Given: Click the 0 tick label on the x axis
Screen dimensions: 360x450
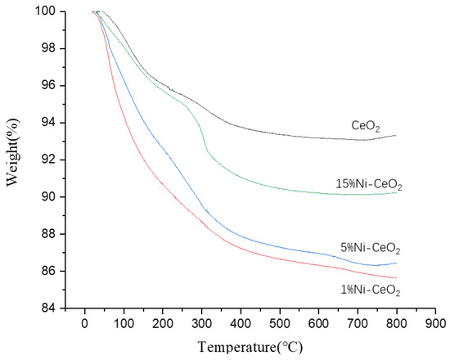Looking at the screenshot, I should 84,322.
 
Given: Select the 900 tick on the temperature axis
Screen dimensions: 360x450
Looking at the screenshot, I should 435,322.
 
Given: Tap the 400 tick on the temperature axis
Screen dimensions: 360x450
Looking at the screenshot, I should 241,322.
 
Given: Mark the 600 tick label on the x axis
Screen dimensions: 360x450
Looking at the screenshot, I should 318,322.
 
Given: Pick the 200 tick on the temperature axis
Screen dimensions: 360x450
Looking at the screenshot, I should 163,322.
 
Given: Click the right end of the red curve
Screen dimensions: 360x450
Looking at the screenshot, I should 397,278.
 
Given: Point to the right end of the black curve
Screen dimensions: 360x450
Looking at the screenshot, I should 397,135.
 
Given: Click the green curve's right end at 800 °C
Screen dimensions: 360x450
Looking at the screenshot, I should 397,192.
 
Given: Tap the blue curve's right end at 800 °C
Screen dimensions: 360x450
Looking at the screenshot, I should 397,263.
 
